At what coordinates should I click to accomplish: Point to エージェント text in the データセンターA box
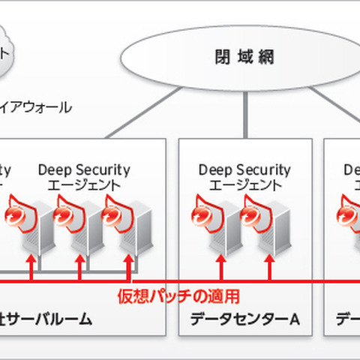point(235,185)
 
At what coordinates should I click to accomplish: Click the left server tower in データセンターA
point(221,229)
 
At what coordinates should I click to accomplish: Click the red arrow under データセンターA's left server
point(220,268)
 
